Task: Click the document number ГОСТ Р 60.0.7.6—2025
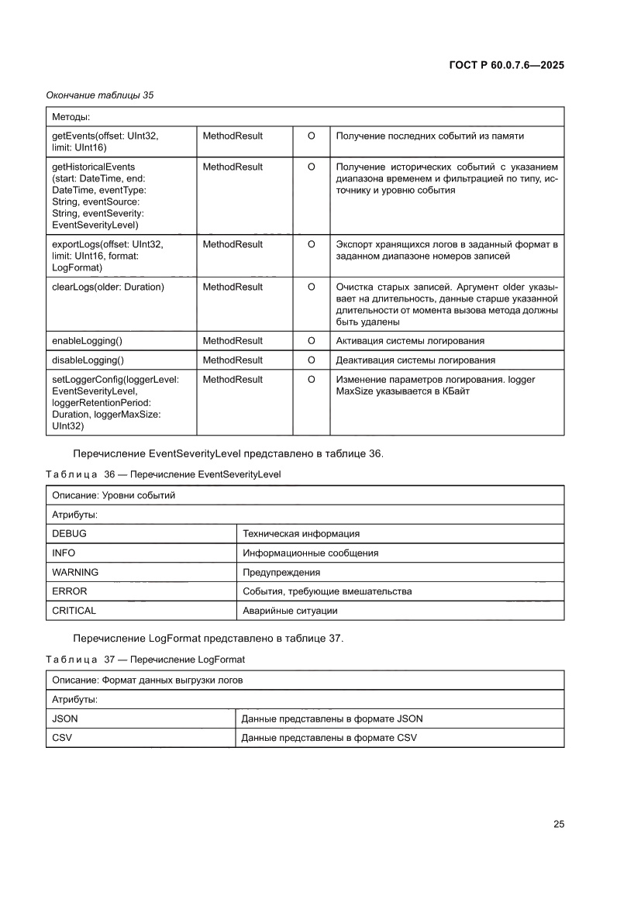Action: [506, 65]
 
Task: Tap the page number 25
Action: [558, 824]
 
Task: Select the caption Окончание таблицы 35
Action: [100, 95]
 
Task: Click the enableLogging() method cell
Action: [88, 341]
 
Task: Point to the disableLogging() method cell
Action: [88, 360]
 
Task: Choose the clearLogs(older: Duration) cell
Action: [108, 287]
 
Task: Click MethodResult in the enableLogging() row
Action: [233, 341]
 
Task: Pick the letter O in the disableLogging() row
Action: [311, 360]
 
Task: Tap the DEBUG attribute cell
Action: [69, 534]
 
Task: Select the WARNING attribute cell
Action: [75, 573]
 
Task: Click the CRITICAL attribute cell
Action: [74, 611]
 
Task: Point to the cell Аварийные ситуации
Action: [290, 611]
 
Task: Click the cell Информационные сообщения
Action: [311, 553]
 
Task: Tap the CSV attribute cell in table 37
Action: [62, 738]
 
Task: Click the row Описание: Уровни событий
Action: [113, 495]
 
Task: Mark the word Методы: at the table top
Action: [71, 117]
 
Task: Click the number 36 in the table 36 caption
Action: [109, 474]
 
